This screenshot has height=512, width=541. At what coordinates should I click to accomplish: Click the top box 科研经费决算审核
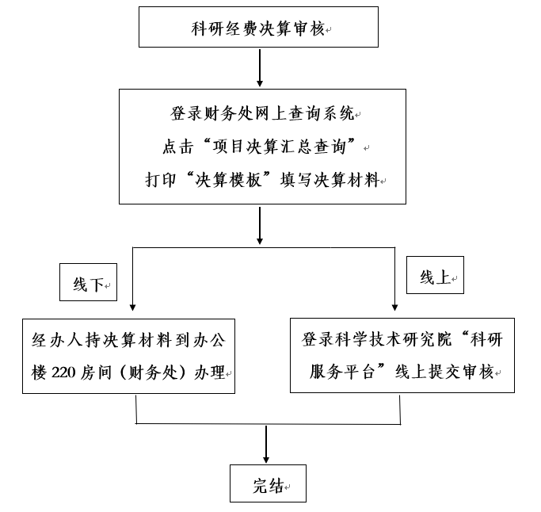click(x=258, y=28)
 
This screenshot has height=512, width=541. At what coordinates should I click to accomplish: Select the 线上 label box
click(x=435, y=277)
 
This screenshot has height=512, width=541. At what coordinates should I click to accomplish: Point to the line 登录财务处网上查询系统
click(x=261, y=114)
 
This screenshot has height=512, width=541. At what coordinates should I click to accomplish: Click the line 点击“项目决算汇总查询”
click(x=261, y=147)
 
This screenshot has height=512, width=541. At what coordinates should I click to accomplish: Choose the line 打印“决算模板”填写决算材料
click(x=261, y=179)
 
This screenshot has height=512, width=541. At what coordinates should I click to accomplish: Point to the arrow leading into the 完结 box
click(x=265, y=445)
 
